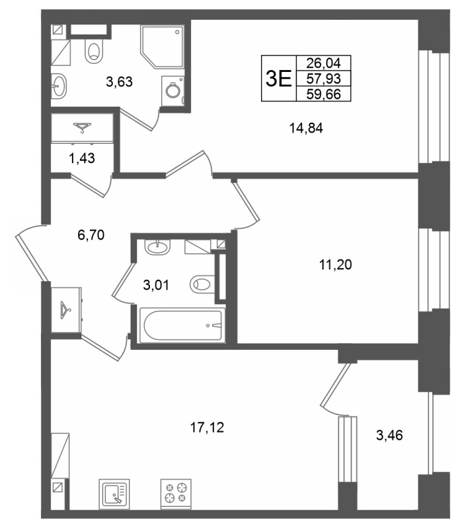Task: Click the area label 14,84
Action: [306, 128]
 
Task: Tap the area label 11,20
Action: [336, 265]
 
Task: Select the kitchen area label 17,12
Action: [207, 428]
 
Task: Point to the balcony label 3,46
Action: [389, 436]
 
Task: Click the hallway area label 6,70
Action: [91, 235]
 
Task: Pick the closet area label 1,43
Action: [81, 158]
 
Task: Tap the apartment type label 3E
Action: [278, 79]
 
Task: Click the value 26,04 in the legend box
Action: [323, 63]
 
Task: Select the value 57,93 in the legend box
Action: [323, 79]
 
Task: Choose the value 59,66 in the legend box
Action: [323, 94]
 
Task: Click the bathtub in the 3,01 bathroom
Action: [182, 325]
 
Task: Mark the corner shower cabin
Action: [163, 46]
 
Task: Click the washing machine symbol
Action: [172, 90]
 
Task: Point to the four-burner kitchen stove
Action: [176, 494]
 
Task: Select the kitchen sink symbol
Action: [114, 494]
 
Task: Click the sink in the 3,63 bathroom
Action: [59, 86]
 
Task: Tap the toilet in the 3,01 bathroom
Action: [202, 284]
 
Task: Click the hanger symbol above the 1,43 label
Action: [82, 127]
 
